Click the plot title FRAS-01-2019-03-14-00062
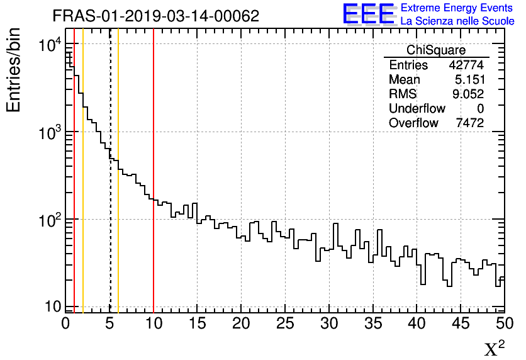[x=155, y=16]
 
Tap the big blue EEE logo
[x=369, y=14]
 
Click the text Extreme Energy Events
[x=457, y=8]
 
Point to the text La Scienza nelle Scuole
[x=457, y=21]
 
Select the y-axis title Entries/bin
[x=14, y=70]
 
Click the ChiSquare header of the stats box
[x=436, y=50]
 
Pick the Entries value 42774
[x=466, y=65]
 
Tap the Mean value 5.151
[x=469, y=80]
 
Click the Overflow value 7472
[x=469, y=123]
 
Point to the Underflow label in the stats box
[x=417, y=109]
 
